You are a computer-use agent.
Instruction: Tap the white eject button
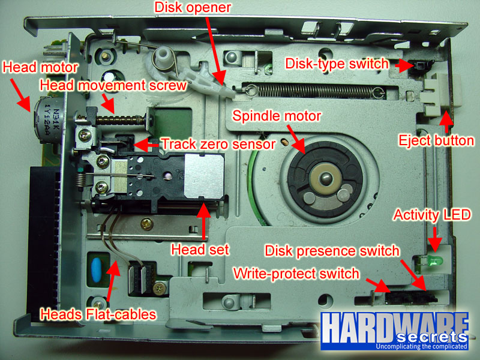pos(439,94)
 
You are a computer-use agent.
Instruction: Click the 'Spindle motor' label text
pos(277,116)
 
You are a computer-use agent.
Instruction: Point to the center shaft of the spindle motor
pos(325,177)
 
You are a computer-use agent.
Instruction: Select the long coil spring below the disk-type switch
pos(316,91)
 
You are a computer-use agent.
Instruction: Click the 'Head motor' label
pos(40,67)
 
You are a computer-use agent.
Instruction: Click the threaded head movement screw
pos(121,119)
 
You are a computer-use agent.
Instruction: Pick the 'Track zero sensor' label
pos(218,144)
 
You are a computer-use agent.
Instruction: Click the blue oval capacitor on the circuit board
pos(97,269)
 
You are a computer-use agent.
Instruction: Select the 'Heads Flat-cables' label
pos(98,314)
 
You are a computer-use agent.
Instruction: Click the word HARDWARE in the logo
pos(395,328)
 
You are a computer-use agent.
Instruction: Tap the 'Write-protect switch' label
pos(296,274)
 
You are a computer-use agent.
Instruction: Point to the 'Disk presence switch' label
pos(332,251)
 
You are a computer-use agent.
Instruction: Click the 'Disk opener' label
pos(193,7)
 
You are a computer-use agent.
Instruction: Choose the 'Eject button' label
pos(436,140)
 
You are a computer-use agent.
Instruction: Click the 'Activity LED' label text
pos(432,215)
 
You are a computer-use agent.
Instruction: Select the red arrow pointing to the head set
pos(203,221)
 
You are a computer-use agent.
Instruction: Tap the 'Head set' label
pos(200,250)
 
